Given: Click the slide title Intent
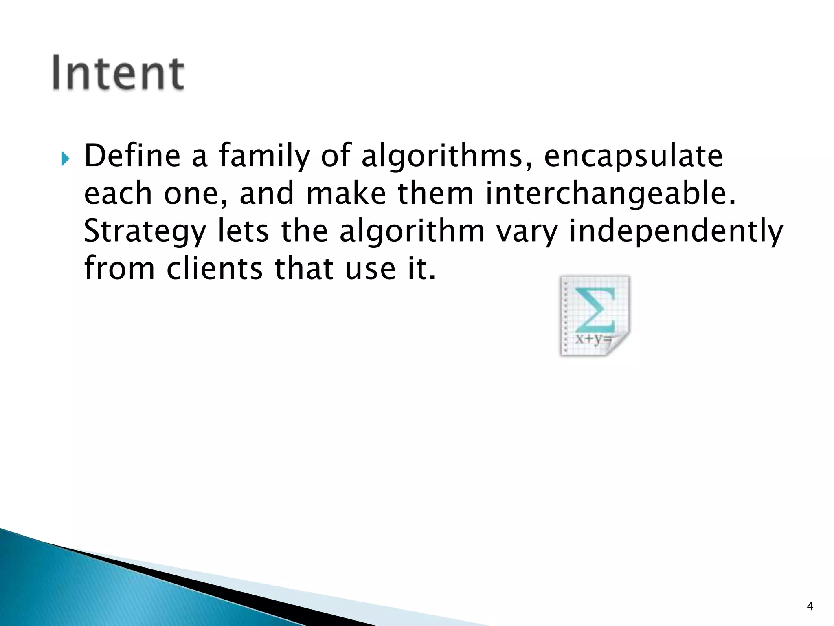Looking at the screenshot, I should pos(118,73).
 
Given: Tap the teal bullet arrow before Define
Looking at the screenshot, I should pos(66,158).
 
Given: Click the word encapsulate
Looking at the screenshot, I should pos(633,157).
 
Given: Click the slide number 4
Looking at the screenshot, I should pos(810,606).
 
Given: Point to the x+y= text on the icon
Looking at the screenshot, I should pos(593,338).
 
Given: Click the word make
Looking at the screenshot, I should pos(346,194).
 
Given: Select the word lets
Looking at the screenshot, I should pos(243,231).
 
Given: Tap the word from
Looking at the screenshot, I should pos(119,269).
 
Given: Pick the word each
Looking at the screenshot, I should pos(118,194).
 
